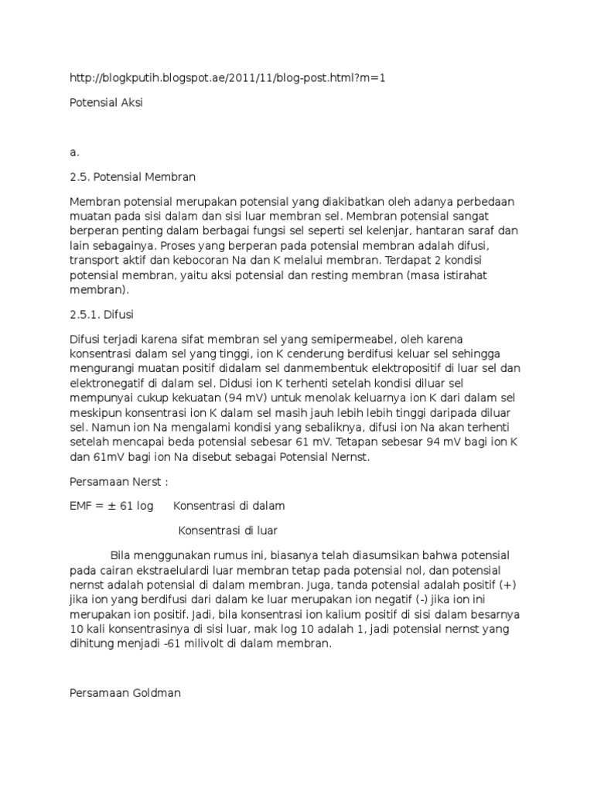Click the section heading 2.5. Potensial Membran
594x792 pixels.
(132, 177)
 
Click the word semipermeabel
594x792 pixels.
(368, 340)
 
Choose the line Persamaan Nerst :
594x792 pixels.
(116, 481)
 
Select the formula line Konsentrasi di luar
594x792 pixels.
(227, 531)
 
